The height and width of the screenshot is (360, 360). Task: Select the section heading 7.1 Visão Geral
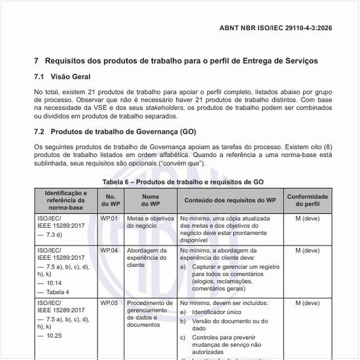(x=63, y=77)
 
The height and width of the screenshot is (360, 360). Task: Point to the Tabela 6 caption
(x=179, y=181)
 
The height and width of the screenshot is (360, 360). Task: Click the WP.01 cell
(x=109, y=218)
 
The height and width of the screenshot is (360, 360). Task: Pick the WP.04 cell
(x=109, y=250)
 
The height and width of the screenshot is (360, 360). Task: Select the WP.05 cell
(x=109, y=304)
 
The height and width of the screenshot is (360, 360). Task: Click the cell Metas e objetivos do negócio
(x=150, y=222)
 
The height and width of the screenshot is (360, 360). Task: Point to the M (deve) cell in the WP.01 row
(x=307, y=218)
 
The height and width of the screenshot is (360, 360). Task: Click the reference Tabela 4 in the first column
(x=57, y=292)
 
